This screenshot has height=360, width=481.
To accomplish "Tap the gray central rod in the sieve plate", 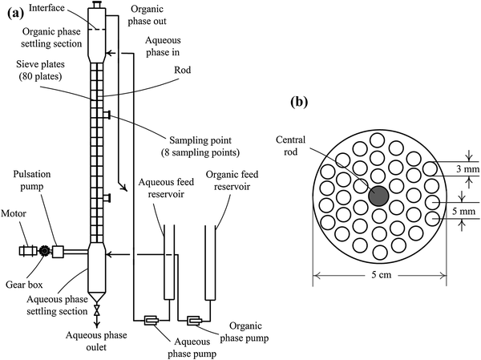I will tap(377, 195).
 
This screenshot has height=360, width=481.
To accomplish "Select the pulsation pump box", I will tap(59, 251).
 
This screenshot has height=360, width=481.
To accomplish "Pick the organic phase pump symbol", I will tap(194, 322).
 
